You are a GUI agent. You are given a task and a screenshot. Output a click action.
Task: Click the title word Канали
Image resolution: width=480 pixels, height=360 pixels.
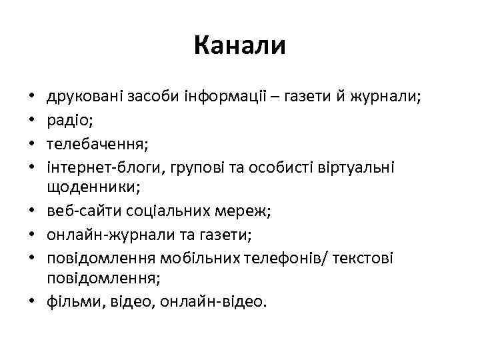coord(240,46)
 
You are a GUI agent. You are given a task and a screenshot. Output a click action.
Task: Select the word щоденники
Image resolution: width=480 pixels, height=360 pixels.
coord(90,189)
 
